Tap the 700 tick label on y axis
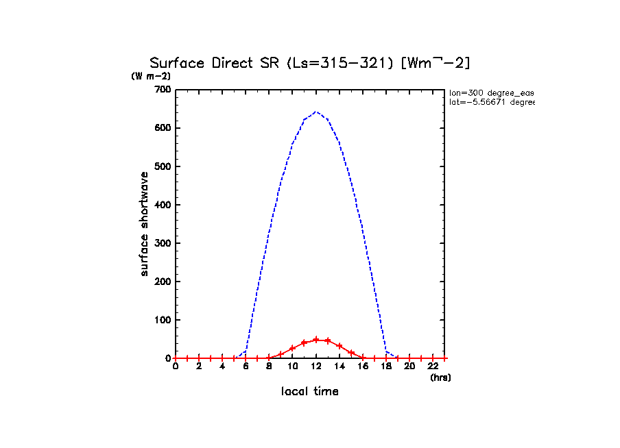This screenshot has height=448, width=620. [163, 90]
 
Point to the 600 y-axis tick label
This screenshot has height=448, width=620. [163, 128]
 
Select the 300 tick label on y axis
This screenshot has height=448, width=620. [163, 243]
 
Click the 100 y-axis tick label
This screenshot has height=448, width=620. [163, 320]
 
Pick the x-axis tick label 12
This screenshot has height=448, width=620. [316, 366]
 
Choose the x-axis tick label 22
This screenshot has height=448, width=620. [433, 366]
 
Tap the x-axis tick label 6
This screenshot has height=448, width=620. [246, 366]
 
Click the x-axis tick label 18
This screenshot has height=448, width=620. [386, 366]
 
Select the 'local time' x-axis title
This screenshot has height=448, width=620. [310, 392]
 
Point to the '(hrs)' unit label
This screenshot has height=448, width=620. [440, 377]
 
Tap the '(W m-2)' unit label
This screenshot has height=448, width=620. [151, 76]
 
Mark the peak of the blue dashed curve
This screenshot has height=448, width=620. [316, 112]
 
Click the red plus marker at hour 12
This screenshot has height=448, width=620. [316, 340]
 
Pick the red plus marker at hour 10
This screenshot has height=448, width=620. [293, 348]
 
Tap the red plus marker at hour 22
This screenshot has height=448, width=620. [433, 358]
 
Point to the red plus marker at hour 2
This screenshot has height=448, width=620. [199, 358]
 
